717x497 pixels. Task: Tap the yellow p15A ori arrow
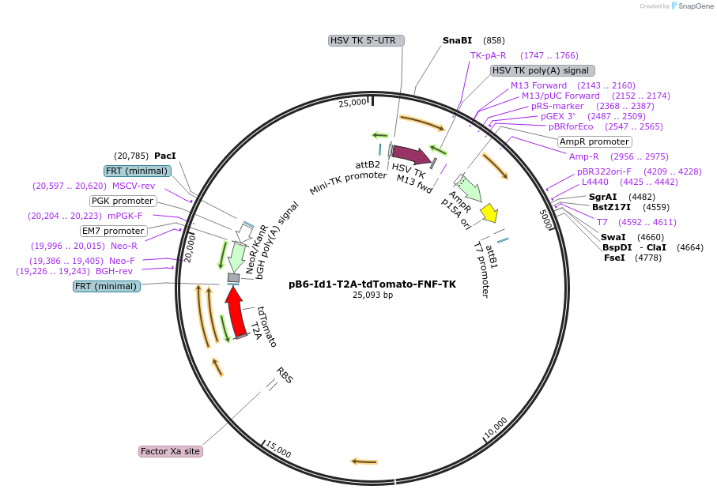click(x=489, y=212)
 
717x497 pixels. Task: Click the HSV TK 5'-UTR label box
click(x=367, y=40)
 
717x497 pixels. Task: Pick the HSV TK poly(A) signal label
click(x=542, y=70)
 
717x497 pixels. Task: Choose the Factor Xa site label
click(x=170, y=451)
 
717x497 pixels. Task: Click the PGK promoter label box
click(x=123, y=201)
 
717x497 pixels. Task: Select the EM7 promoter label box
click(x=114, y=231)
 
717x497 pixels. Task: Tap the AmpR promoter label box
click(x=594, y=141)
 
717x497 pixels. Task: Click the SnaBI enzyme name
click(x=457, y=40)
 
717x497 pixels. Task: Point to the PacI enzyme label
click(x=165, y=156)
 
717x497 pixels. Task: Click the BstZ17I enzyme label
click(x=611, y=207)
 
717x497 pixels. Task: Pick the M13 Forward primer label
click(x=538, y=85)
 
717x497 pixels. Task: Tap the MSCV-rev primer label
click(x=134, y=186)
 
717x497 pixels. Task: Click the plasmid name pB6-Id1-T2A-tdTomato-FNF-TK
click(x=372, y=284)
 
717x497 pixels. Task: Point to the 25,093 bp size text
click(x=372, y=296)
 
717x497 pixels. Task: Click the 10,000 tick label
click(x=496, y=427)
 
